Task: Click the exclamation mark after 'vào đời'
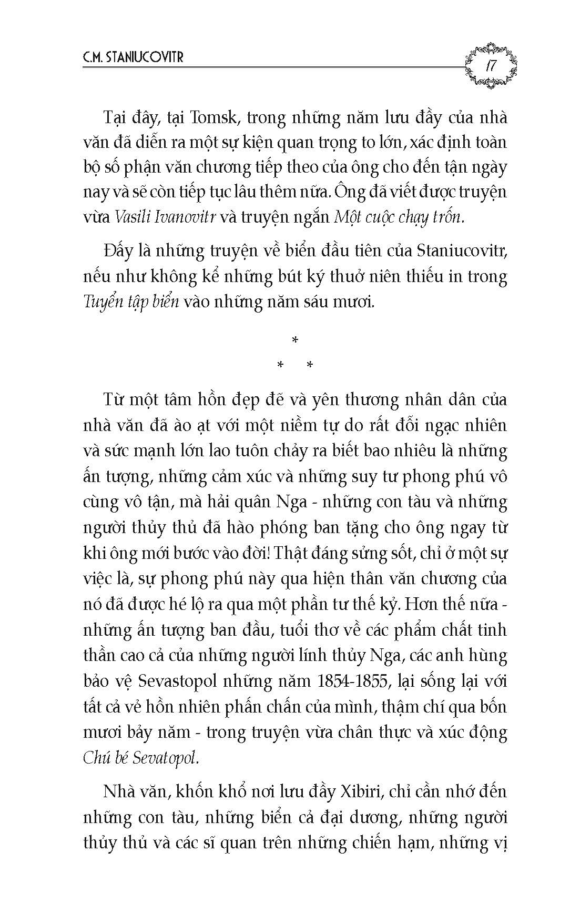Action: pyautogui.click(x=267, y=553)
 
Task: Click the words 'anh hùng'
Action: pyautogui.click(x=479, y=655)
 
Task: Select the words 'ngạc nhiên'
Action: pyautogui.click(x=468, y=425)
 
